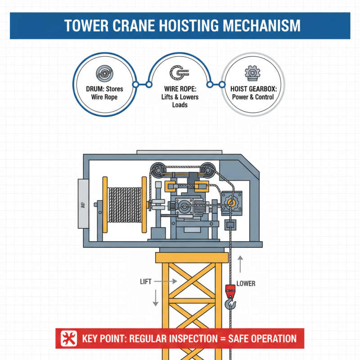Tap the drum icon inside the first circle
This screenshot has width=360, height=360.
pos(104,73)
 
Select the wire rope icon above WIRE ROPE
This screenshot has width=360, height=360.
pos(179,73)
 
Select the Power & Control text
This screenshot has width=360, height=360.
pos(254,97)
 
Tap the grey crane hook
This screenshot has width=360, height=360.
pos(230,306)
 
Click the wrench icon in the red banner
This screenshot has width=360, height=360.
pos(68,338)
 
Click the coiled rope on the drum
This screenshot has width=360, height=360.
pos(125,205)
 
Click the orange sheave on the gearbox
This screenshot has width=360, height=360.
pos(231,203)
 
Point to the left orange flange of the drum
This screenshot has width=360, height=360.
pos(105,205)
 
